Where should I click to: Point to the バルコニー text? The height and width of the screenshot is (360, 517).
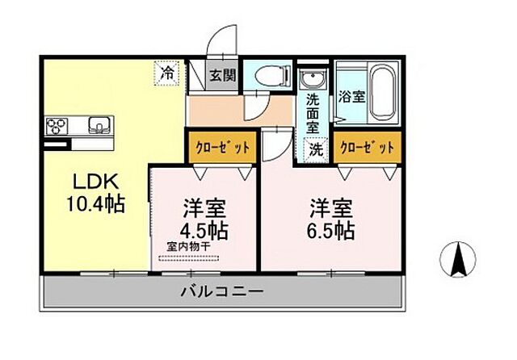pyautogui.click(x=221, y=291)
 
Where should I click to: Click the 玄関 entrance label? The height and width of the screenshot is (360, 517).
pyautogui.click(x=222, y=77)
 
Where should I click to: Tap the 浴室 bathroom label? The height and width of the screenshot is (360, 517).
pyautogui.click(x=352, y=96)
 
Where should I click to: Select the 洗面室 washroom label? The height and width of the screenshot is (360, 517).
pyautogui.click(x=313, y=113)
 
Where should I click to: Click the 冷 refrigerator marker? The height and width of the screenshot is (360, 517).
pyautogui.click(x=166, y=73)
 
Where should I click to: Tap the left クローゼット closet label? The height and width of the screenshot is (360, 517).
pyautogui.click(x=220, y=148)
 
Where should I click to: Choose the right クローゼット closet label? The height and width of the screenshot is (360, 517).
pyautogui.click(x=367, y=148)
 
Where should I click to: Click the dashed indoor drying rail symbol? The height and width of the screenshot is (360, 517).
pyautogui.click(x=190, y=258)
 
